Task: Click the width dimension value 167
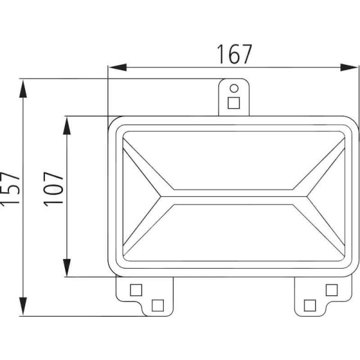click(233, 54)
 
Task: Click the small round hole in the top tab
click(234, 88)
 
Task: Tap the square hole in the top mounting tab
click(234, 103)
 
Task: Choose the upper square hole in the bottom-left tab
click(136, 290)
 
